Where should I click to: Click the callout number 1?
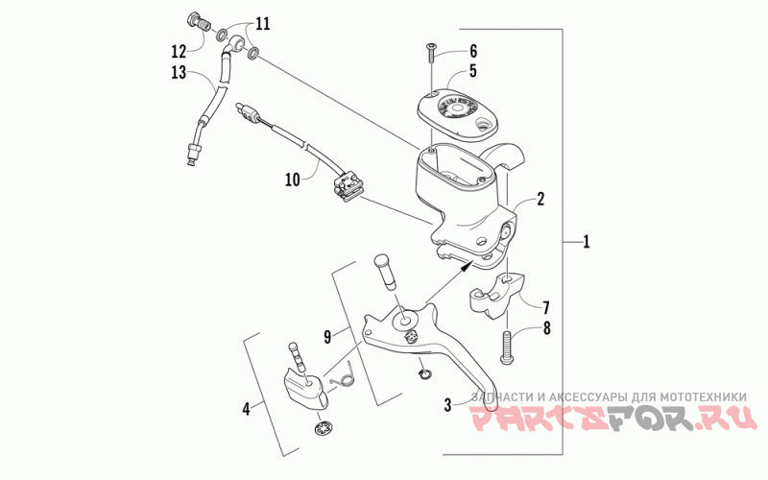587,243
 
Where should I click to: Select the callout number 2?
540,200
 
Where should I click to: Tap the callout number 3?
447,405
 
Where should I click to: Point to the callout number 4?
247,409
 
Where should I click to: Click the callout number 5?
472,70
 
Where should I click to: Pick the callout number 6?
472,50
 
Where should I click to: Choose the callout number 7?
545,308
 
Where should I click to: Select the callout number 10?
292,179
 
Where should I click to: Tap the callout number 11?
262,21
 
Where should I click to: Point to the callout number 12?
180,50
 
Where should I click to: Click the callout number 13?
179,72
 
